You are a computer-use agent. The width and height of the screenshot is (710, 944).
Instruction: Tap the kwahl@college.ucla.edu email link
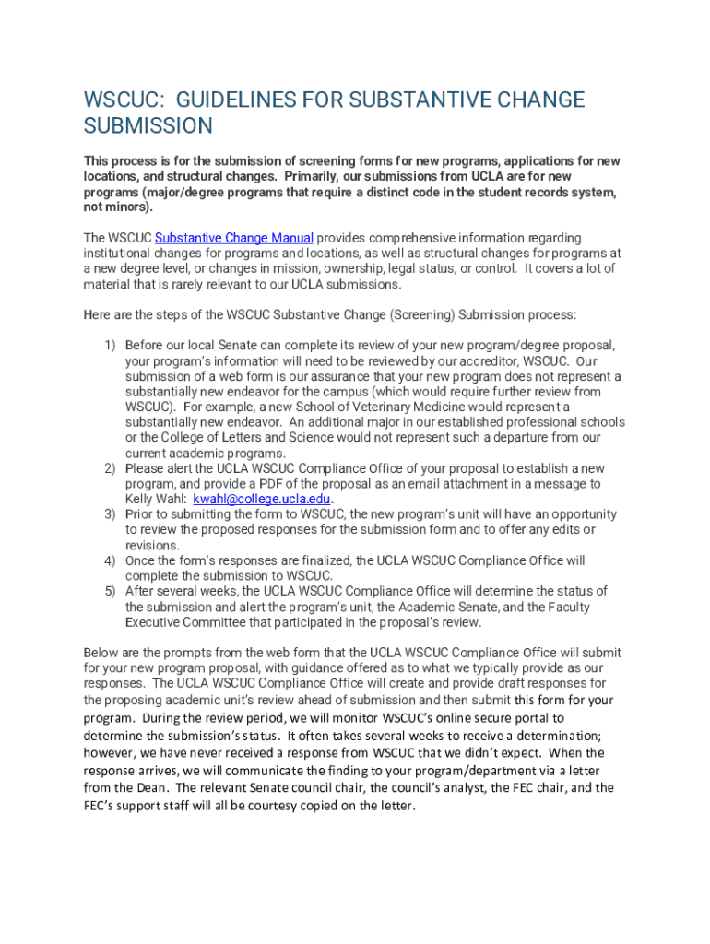tap(262, 499)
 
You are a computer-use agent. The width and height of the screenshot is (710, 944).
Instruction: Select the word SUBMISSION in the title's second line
tap(148, 126)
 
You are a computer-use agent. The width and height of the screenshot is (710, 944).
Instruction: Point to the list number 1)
tap(109, 345)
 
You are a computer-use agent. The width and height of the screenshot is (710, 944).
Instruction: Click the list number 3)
tap(109, 514)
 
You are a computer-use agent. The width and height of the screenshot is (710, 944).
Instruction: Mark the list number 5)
tap(109, 591)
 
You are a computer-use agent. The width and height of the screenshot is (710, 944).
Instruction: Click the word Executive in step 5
tap(154, 622)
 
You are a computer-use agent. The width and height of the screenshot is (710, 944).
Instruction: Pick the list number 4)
tap(109, 560)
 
